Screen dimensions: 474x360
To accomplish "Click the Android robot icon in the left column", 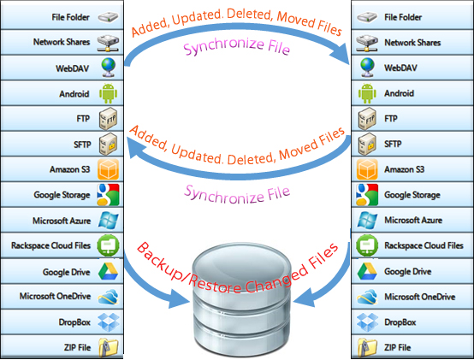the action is point(108,93).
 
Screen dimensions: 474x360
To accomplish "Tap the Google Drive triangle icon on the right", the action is point(367,271).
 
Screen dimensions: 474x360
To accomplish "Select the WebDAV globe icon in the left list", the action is point(108,68).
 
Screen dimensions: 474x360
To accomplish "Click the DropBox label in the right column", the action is point(400,322).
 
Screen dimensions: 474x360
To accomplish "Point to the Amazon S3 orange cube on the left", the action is point(108,169).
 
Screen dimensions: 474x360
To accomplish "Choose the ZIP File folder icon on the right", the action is point(367,347).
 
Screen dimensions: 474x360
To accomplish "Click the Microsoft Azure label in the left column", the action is point(62,221).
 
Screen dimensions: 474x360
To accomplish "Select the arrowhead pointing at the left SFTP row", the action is point(137,147).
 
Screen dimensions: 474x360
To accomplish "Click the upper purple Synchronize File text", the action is point(237,46).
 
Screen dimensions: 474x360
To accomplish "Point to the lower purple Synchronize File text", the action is point(237,195).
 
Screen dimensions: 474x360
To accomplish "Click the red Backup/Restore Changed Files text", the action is point(237,269).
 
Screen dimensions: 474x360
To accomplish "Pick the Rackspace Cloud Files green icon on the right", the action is point(367,245).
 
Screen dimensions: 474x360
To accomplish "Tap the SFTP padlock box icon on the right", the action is point(367,144).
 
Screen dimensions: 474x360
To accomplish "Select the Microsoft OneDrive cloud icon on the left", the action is point(108,296).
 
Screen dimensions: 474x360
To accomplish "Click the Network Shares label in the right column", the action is point(412,43).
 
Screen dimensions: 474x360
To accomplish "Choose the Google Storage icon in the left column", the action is point(108,195).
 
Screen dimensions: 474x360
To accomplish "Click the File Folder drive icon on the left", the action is point(108,17).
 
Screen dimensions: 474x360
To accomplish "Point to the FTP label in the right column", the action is point(390,119).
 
